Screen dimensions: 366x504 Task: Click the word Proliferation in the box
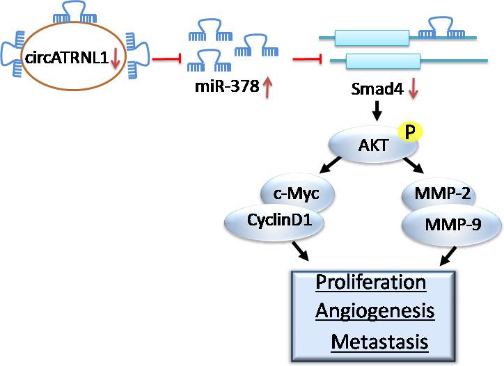tap(370, 283)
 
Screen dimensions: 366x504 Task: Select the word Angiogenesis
tap(375, 312)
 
